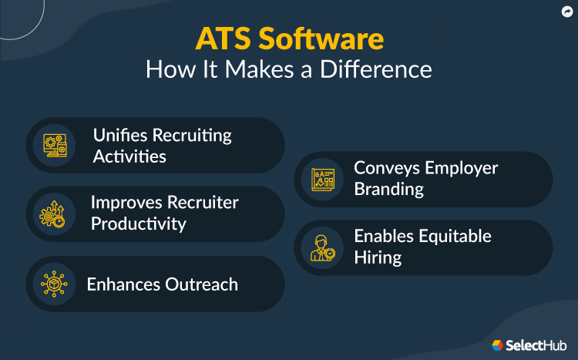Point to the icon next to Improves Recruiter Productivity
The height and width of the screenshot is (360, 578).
pos(54,214)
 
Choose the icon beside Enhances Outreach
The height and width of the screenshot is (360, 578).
pos(54,284)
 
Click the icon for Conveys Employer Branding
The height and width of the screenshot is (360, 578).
pos(322,179)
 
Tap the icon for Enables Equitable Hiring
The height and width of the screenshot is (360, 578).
pos(322,247)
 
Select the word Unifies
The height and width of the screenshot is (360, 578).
pos(123,135)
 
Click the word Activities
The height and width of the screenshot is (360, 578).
pos(129,156)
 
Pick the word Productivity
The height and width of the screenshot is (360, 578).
pos(139,224)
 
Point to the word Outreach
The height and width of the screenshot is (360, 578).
pos(201,284)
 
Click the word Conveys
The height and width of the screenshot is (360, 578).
pos(388,167)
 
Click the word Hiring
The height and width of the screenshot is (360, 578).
pos(378,257)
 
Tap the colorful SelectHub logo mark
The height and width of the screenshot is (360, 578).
pos(498,345)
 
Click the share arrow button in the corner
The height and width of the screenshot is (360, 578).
pos(566,12)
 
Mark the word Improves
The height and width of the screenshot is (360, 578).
pos(125,202)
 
